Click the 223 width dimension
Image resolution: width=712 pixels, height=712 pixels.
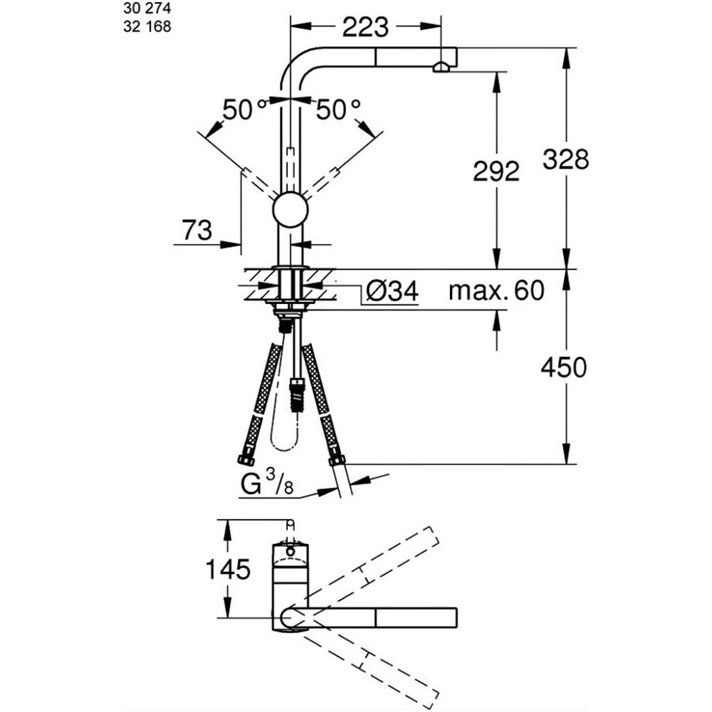point(365,27)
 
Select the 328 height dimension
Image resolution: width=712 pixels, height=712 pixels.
point(566,159)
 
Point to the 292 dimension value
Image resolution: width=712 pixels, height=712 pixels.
point(496,172)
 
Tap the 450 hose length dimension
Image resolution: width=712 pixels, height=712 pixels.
point(563,367)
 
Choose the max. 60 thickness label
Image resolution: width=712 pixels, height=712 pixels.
point(496,290)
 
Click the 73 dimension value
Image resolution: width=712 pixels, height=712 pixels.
point(197,230)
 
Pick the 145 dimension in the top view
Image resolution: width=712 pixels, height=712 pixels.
point(228,569)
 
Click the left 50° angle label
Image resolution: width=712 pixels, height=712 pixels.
point(244,110)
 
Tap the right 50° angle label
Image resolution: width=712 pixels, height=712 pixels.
point(338,110)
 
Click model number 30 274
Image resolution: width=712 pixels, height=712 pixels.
point(147,8)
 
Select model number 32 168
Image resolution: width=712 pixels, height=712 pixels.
point(147,27)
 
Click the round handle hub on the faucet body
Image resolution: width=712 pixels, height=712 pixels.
point(290,210)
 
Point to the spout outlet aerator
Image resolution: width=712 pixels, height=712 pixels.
point(441,68)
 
